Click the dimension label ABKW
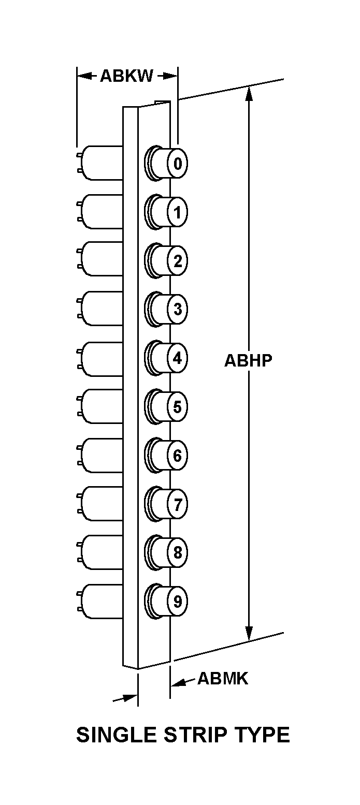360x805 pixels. tap(126, 76)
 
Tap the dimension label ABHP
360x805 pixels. tap(248, 360)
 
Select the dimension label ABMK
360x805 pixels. tap(223, 678)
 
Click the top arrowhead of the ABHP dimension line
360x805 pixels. tap(249, 93)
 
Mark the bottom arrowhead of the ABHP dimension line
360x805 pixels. tap(249, 634)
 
